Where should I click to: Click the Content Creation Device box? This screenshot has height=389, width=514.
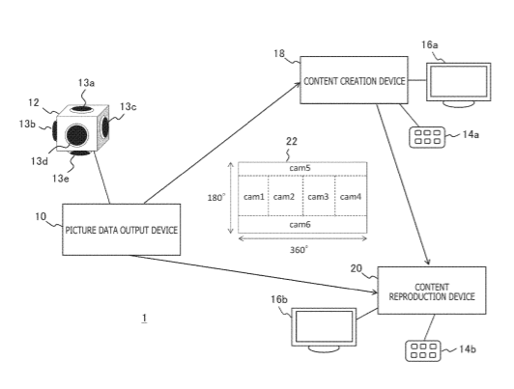click(354, 80)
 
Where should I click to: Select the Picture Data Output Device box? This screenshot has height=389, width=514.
click(122, 230)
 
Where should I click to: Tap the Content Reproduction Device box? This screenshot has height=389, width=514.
click(432, 291)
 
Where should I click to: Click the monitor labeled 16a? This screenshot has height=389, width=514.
click(459, 85)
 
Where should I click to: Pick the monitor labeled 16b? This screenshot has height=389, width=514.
click(324, 330)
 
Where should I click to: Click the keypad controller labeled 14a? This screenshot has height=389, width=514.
click(427, 137)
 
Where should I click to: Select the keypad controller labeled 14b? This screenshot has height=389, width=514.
click(423, 351)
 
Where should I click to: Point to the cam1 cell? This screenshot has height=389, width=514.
click(253, 197)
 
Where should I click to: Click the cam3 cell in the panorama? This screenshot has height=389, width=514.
click(319, 197)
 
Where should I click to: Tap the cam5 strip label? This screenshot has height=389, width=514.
click(300, 168)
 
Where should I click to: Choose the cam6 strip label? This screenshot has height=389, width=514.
click(300, 225)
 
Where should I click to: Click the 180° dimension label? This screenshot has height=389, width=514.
click(216, 198)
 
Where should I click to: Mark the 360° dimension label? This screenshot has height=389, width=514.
click(299, 250)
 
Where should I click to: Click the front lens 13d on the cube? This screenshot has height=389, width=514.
click(77, 135)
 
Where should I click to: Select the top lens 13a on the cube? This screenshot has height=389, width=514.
click(82, 109)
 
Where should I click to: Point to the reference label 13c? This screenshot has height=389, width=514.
click(128, 107)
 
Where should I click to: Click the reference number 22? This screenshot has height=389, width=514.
click(292, 142)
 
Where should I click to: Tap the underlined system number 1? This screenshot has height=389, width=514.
click(144, 318)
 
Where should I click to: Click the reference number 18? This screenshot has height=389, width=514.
click(279, 53)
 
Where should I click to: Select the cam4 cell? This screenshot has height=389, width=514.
click(351, 197)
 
